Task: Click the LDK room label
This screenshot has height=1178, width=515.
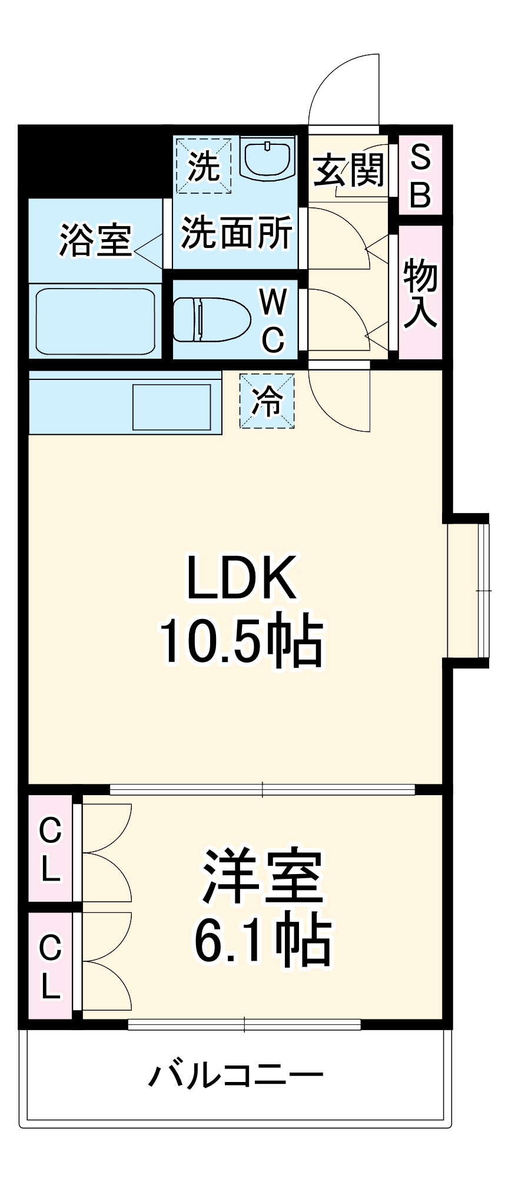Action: (x=241, y=578)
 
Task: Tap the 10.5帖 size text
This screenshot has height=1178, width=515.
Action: (x=241, y=641)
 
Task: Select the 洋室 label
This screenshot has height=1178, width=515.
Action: (x=263, y=877)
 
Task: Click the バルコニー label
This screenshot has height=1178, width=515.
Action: (x=235, y=1076)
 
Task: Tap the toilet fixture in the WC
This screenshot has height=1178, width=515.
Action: (x=212, y=319)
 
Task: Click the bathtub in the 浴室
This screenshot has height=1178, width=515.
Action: (x=95, y=321)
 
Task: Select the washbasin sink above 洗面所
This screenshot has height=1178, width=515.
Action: (x=268, y=158)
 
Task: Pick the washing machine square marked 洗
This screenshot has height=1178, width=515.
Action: (x=204, y=166)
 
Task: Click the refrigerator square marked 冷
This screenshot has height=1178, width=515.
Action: (x=267, y=401)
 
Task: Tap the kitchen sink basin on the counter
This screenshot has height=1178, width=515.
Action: (x=171, y=407)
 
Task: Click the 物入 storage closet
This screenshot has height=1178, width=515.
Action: (x=420, y=293)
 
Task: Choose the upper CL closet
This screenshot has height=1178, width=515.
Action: (x=51, y=849)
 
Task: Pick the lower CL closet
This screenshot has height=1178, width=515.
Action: (x=51, y=966)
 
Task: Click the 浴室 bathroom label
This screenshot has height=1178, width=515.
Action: (x=95, y=240)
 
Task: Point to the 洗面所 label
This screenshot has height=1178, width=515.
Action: (x=237, y=233)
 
